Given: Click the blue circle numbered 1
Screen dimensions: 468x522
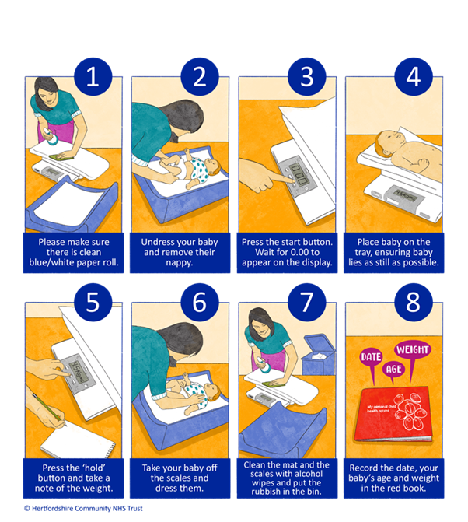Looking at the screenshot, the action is (93, 76).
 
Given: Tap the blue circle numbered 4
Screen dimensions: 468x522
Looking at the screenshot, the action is (414, 76).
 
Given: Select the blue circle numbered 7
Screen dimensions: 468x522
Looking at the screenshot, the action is (306, 303).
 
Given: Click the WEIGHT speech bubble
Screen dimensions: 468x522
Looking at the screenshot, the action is (413, 350).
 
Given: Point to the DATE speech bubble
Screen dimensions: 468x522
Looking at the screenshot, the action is (371, 357).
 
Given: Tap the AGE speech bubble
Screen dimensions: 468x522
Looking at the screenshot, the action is (394, 370).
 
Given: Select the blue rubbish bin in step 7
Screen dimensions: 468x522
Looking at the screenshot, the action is (318, 355).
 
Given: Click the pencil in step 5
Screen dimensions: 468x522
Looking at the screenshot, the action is (49, 410).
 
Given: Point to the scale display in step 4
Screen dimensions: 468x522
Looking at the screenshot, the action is (405, 195).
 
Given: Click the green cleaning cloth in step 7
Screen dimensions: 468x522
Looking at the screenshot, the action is (274, 384).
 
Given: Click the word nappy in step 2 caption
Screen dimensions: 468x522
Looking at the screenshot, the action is (180, 262).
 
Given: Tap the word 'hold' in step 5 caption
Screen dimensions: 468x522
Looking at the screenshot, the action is (93, 468).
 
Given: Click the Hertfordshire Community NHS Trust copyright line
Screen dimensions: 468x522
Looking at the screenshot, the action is (83, 508).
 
